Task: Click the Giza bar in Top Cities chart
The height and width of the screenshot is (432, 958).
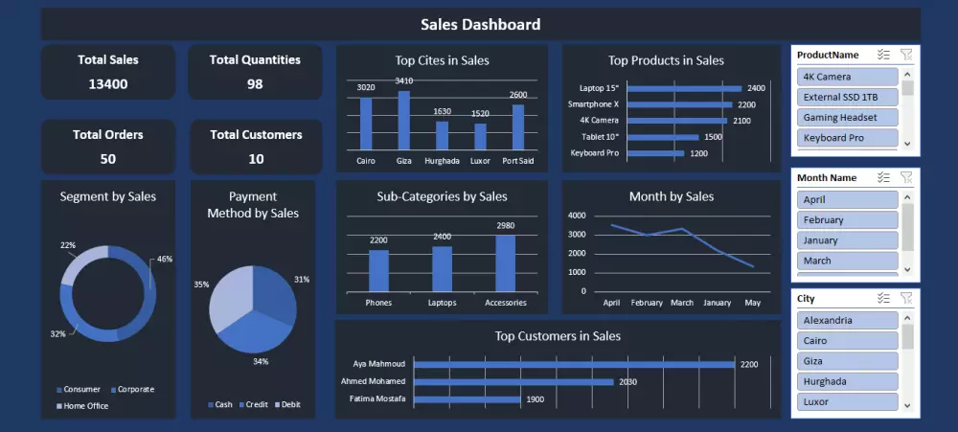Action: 404,120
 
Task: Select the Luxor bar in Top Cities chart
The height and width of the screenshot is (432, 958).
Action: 480,136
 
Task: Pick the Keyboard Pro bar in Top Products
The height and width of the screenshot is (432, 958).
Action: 656,153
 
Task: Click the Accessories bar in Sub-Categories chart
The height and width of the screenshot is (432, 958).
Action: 506,262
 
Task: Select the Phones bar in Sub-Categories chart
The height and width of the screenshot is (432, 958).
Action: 378,270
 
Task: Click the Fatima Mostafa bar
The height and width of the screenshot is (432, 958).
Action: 467,398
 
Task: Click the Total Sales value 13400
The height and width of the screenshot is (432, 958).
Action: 108,84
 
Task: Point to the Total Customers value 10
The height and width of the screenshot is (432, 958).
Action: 256,159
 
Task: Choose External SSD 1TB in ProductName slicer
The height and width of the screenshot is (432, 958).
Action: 848,97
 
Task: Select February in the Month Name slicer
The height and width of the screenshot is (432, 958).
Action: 848,220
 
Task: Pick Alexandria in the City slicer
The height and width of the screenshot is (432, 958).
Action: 848,321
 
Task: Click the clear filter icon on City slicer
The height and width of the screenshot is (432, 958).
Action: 906,299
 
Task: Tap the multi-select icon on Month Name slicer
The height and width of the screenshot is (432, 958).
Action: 883,178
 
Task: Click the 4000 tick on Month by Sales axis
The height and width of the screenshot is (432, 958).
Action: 577,216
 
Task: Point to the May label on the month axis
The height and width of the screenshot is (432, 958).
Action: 753,303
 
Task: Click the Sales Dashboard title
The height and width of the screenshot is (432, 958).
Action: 480,25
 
